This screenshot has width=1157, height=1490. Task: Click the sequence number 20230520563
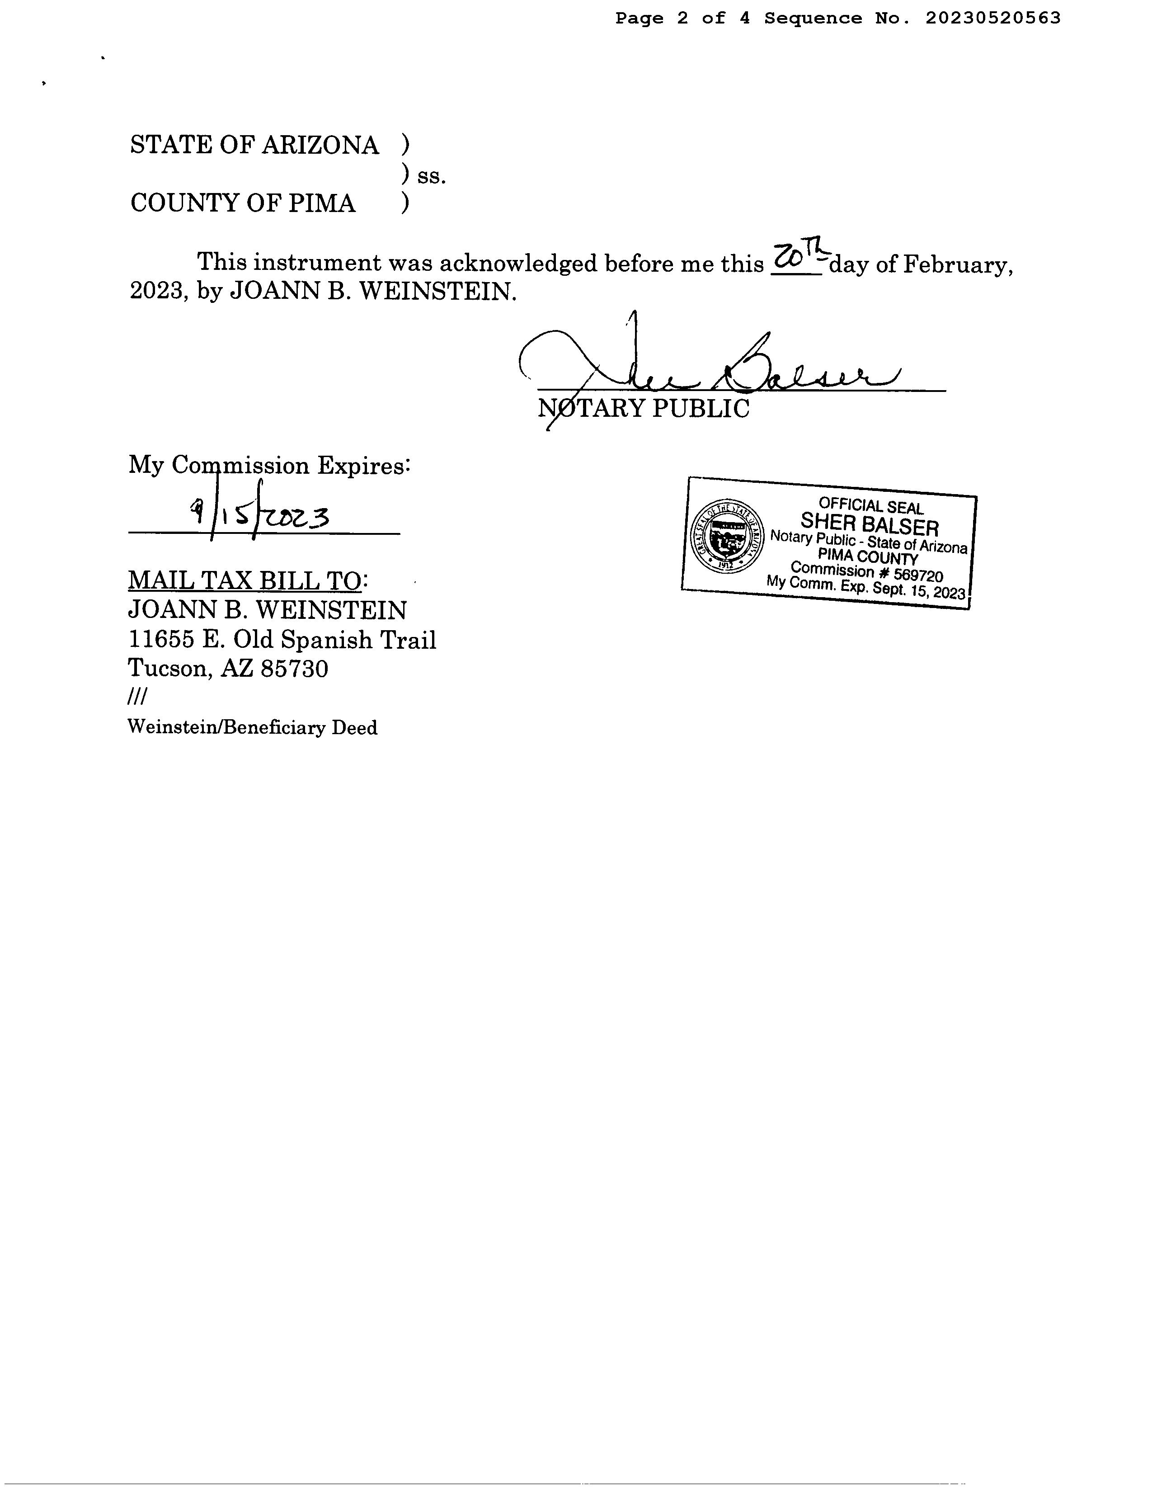pos(992,19)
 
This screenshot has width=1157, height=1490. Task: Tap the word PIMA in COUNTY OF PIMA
pos(321,203)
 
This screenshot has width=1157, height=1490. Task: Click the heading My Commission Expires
pos(269,466)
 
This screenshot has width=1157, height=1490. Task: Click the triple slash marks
pos(137,697)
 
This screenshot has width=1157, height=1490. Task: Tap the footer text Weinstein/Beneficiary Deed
pos(252,728)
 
